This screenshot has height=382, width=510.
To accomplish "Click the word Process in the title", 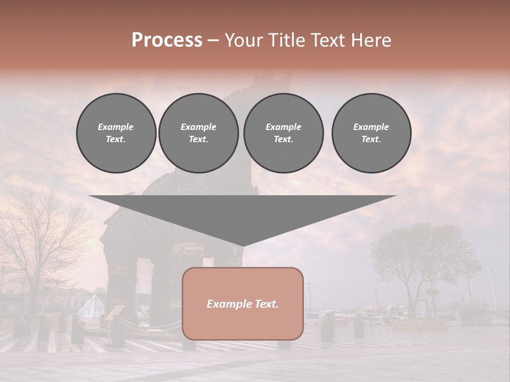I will [167, 40].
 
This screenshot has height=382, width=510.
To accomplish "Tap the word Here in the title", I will [370, 40].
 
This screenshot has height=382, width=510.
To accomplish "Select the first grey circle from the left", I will [116, 133].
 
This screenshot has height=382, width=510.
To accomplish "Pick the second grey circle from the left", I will [198, 133].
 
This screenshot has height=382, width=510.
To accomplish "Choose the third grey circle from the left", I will [283, 133].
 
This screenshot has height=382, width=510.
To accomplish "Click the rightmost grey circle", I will [371, 133].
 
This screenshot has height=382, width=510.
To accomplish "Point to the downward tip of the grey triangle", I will [243, 245].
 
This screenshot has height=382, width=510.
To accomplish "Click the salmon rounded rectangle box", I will [243, 318].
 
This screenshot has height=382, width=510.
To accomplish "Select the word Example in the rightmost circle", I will [371, 127].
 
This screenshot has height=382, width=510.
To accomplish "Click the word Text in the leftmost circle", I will [115, 140].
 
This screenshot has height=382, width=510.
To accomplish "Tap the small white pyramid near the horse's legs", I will [91, 307].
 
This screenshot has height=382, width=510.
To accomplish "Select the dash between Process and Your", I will [213, 40].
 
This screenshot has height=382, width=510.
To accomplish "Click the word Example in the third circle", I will [283, 127].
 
